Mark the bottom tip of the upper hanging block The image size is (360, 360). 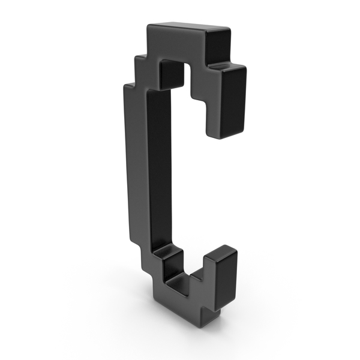pos(219,136)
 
